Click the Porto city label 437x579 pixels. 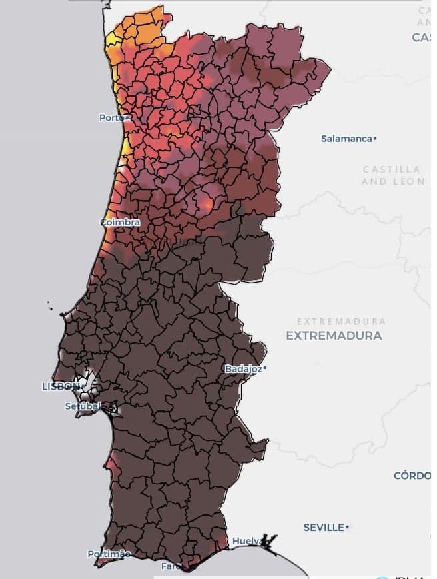point(112,118)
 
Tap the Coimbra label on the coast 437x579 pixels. point(119,222)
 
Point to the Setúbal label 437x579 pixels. point(83,406)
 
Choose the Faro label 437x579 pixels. point(171,566)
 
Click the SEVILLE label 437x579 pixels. point(323,528)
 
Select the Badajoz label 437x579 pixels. point(243,368)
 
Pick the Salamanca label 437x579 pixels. point(346,139)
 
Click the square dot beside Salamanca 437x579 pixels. point(376,139)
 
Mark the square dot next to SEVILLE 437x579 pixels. point(347,527)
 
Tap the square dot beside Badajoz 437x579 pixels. point(265,368)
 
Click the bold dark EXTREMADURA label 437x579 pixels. point(334,336)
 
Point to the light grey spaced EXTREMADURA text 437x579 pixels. point(341,322)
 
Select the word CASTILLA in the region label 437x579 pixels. point(391,170)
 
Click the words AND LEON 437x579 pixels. point(392,181)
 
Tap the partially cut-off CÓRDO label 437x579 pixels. point(414,476)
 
